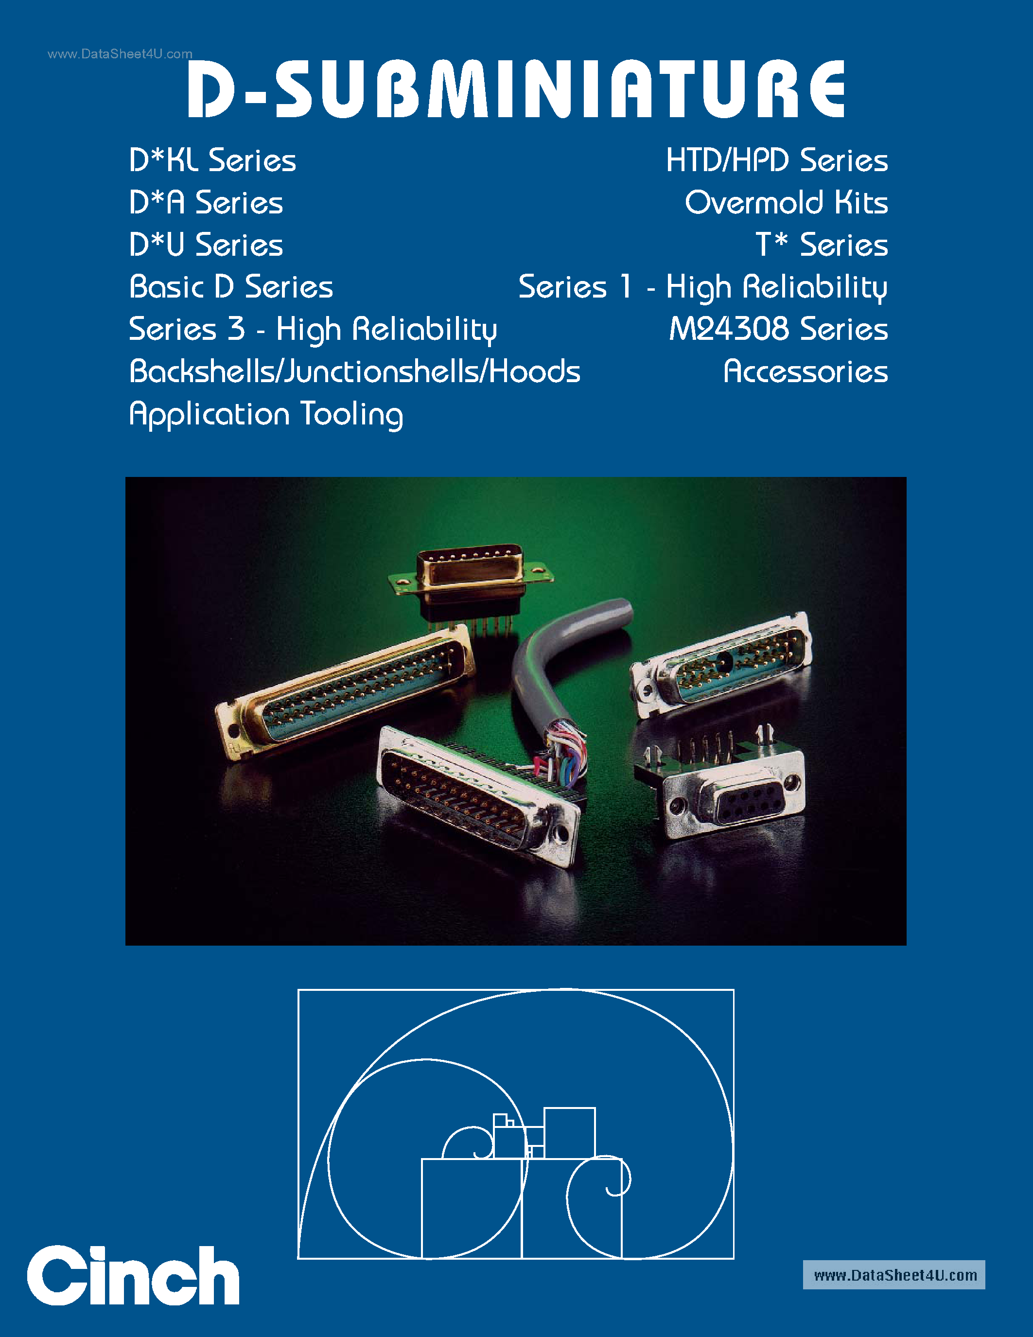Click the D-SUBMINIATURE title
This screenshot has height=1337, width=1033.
pos(516,89)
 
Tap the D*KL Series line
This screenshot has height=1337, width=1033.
pos(212,161)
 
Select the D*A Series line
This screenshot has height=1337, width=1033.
pos(206,203)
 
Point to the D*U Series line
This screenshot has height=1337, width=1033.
pos(206,246)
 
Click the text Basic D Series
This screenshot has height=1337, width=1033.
pos(231,287)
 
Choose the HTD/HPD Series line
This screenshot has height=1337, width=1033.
pos(777,161)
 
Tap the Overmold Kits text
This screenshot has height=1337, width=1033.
pos(787,203)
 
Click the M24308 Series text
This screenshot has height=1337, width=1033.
pos(778,329)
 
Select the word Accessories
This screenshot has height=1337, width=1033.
pos(805,371)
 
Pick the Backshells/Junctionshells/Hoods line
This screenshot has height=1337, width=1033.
pos(355,371)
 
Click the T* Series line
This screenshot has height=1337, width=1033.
pos(821,246)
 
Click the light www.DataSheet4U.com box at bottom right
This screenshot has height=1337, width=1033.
pos(893,1275)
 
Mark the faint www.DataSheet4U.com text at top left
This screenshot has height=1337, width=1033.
pos(120,54)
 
